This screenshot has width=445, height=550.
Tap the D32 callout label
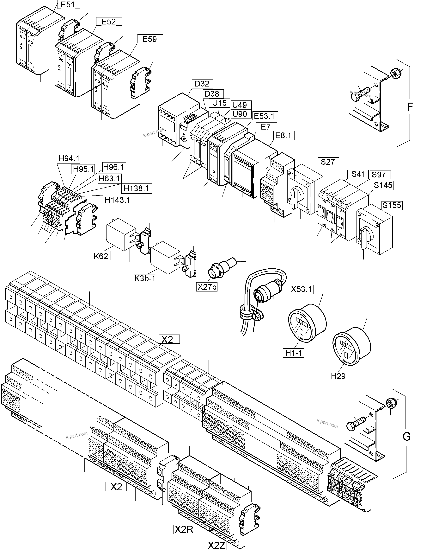pyautogui.click(x=202, y=84)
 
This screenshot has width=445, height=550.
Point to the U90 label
pyautogui.click(x=240, y=114)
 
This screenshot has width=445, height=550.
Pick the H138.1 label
pyautogui.click(x=136, y=188)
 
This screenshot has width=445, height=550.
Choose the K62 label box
pyautogui.click(x=101, y=256)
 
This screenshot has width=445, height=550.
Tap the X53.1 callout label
pyautogui.click(x=301, y=289)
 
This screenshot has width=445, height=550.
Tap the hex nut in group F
pyautogui.click(x=395, y=74)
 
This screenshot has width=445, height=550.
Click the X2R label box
pyautogui.click(x=184, y=529)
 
